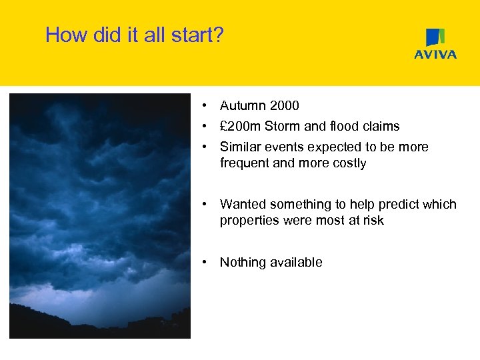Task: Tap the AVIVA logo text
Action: pyautogui.click(x=435, y=55)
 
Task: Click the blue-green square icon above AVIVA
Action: pyautogui.click(x=435, y=37)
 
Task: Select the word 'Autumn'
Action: pyautogui.click(x=241, y=105)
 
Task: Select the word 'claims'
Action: pyautogui.click(x=381, y=126)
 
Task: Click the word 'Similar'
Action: pyautogui.click(x=240, y=147)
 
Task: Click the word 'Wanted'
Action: pyautogui.click(x=242, y=204)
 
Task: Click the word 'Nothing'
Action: pyautogui.click(x=243, y=262)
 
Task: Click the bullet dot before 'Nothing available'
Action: pyautogui.click(x=209, y=262)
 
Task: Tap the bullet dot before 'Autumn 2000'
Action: pyautogui.click(x=209, y=105)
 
